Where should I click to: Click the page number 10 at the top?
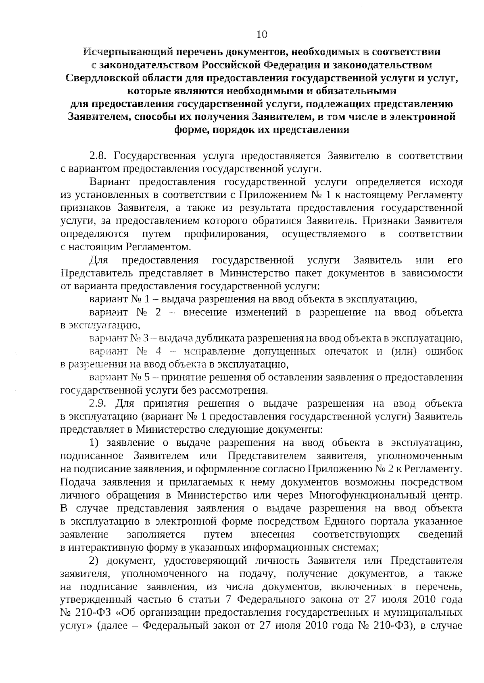(x=262, y=35)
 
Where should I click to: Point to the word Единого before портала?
(x=347, y=521)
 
